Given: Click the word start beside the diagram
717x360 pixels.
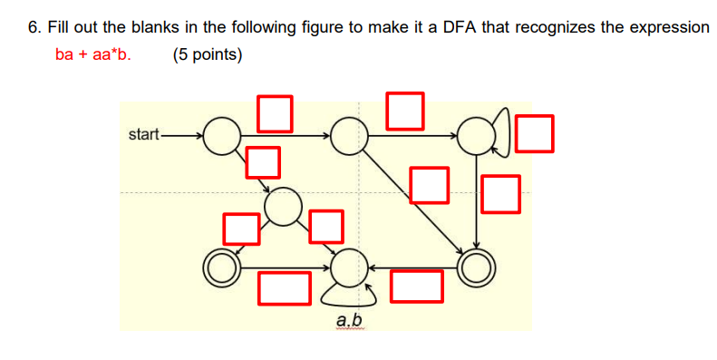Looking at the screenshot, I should click(143, 135).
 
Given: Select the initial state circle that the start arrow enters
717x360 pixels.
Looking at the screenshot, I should click(219, 136).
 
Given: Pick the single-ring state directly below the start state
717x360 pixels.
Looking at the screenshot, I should click(284, 206).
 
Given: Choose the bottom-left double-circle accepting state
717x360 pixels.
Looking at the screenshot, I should click(220, 267).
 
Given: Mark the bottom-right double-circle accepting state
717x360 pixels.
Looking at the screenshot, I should click(476, 267).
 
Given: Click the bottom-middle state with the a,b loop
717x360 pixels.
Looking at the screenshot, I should click(347, 268).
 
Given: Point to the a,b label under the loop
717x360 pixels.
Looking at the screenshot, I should click(349, 321).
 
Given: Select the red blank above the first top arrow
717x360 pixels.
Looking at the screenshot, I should click(276, 111).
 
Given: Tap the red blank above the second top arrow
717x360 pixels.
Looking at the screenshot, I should click(405, 109).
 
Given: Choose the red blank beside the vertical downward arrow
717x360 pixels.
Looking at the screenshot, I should click(501, 194).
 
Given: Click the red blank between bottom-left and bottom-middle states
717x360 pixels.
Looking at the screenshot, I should click(284, 287).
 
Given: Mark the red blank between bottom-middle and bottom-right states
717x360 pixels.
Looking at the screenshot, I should click(417, 287).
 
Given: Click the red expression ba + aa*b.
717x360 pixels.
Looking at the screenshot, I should click(92, 54).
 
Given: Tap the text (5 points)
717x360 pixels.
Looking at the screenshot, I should click(207, 54).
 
